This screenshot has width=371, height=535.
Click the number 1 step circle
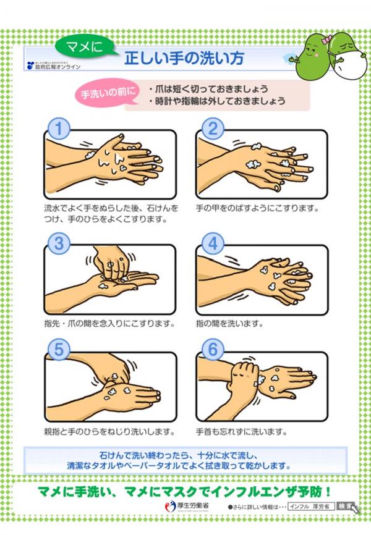[58, 129]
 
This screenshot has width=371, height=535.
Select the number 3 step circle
[58, 243]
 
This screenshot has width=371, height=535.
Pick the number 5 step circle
[58, 349]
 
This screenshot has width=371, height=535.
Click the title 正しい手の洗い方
[184, 59]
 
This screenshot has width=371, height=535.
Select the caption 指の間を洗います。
[229, 323]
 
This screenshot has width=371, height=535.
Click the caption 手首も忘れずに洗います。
[240, 430]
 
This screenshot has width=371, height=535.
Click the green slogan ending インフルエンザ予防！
[185, 491]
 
